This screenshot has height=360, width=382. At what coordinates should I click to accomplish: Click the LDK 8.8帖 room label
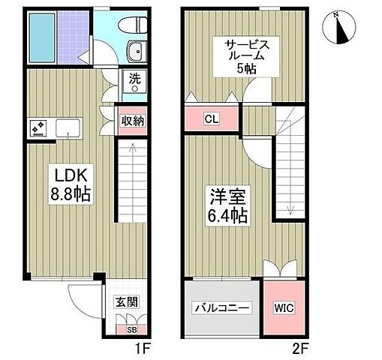70,184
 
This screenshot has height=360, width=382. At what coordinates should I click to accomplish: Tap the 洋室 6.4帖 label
227,204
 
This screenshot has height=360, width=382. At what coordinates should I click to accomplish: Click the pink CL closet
211,118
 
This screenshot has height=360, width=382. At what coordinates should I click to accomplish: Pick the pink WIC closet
284,307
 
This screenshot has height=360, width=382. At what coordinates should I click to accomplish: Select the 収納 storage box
133,121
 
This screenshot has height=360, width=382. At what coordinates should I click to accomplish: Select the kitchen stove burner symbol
38,127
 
